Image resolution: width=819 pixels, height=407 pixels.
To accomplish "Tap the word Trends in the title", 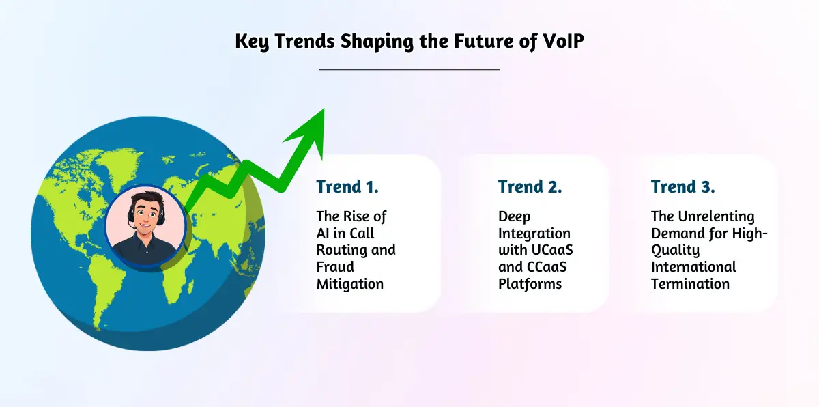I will (x=300, y=41).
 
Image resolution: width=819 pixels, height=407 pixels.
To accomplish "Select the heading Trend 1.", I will (x=347, y=186).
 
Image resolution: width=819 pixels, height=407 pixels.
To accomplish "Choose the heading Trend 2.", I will (x=530, y=186).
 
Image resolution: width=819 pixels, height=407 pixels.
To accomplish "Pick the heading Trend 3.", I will (x=682, y=186).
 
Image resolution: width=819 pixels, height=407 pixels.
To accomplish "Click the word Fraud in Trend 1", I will (x=335, y=267).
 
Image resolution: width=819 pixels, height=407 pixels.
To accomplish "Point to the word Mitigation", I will (x=349, y=284).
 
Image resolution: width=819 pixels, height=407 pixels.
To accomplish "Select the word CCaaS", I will (x=544, y=267).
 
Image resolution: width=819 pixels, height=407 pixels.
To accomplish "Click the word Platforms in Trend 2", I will (x=530, y=284).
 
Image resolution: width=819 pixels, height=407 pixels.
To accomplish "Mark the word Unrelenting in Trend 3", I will (x=712, y=216).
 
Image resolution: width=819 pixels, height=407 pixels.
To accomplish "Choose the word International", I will (x=693, y=267).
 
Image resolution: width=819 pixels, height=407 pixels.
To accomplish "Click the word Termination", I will (x=690, y=284).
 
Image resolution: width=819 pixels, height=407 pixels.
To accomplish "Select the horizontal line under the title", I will (x=409, y=69).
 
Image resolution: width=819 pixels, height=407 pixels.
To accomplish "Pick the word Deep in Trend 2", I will (x=514, y=216).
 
